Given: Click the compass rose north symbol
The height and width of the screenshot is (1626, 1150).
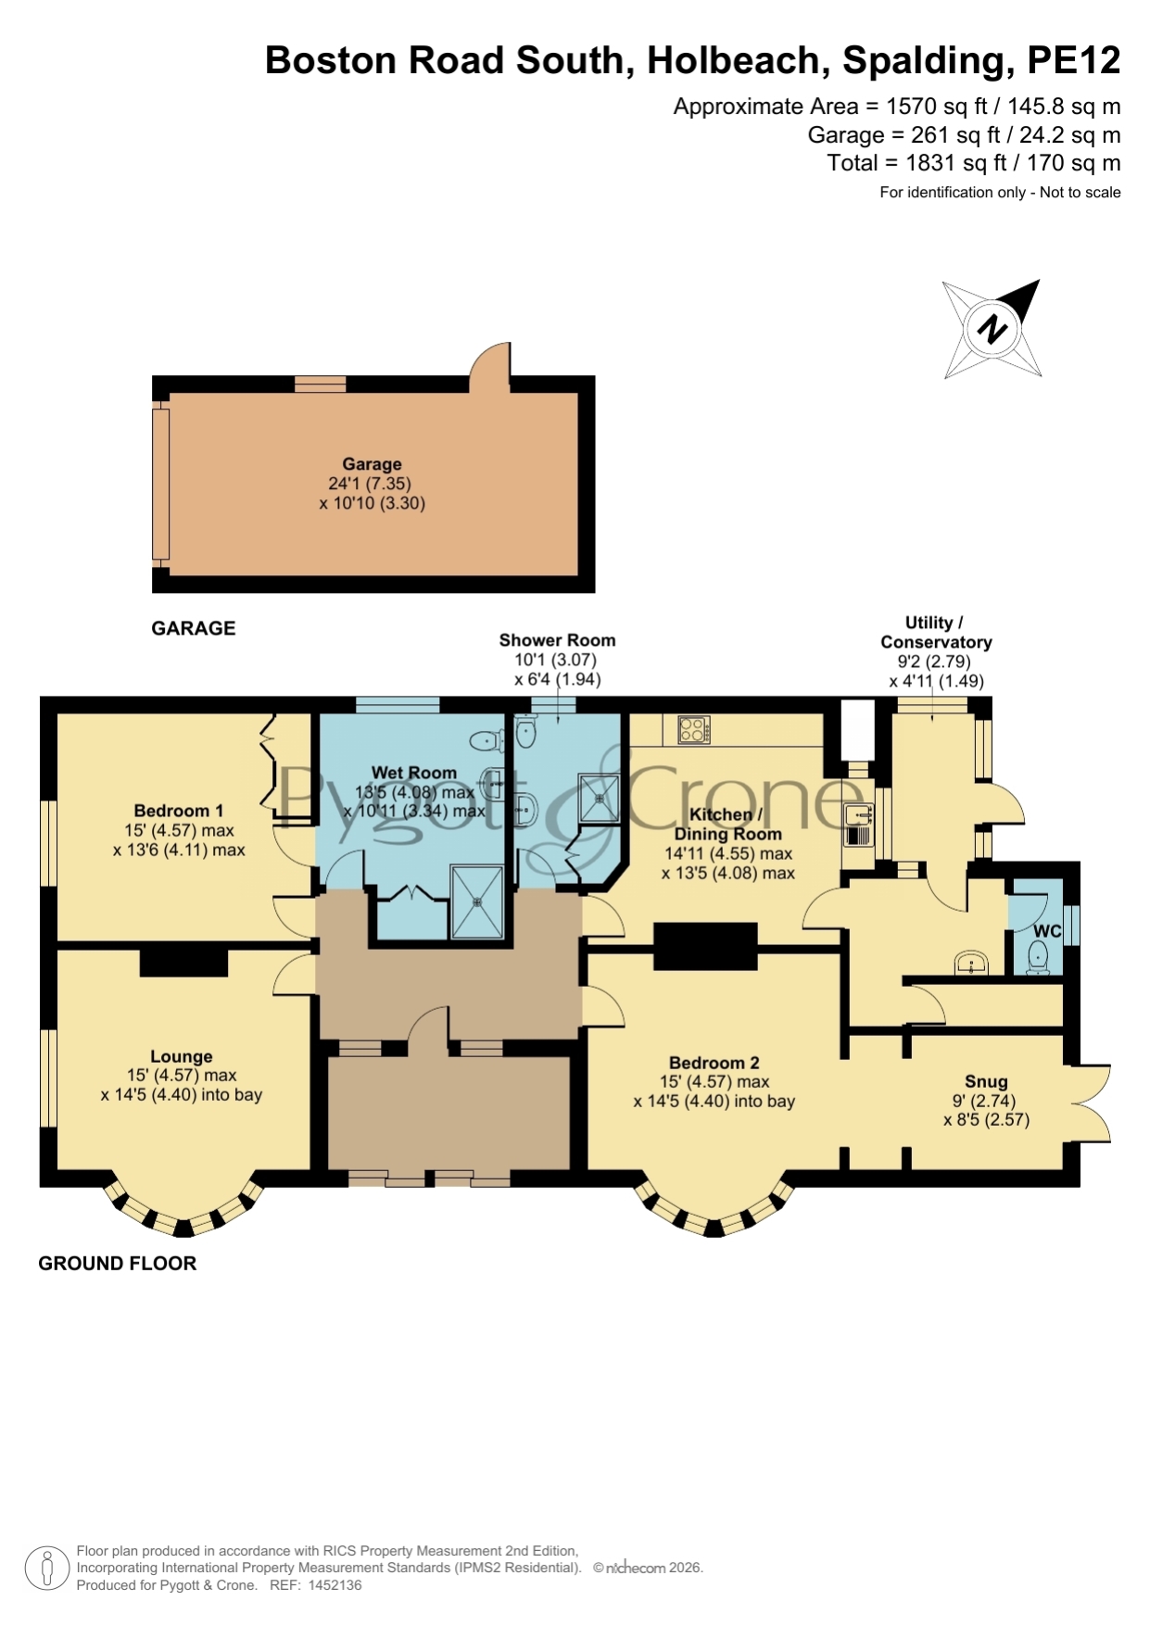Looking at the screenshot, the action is coord(992,329).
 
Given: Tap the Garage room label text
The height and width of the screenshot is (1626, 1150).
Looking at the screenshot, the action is coord(372,464).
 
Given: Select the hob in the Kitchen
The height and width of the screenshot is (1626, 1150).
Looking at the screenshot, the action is coord(694,730).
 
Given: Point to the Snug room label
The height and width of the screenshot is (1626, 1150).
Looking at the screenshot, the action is coord(986,1081).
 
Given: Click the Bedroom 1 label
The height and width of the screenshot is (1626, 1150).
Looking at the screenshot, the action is coord(179,811).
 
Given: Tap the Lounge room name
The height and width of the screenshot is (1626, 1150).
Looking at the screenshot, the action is coord(182,1056).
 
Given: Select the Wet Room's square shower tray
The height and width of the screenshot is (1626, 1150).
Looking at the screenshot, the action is coord(477,901).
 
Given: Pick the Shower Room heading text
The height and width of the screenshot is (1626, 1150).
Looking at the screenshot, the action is coord(557,640).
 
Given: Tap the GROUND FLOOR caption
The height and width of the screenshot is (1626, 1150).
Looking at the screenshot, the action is coord(118,1264).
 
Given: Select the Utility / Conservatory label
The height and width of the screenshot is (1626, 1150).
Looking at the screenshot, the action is coord(936,632).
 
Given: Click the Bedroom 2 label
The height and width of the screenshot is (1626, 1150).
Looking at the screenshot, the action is coord(714,1063).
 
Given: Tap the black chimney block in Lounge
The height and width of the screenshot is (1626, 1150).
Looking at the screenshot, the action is coord(183,962).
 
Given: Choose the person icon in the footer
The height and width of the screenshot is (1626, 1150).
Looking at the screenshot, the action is coord(46,1569).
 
